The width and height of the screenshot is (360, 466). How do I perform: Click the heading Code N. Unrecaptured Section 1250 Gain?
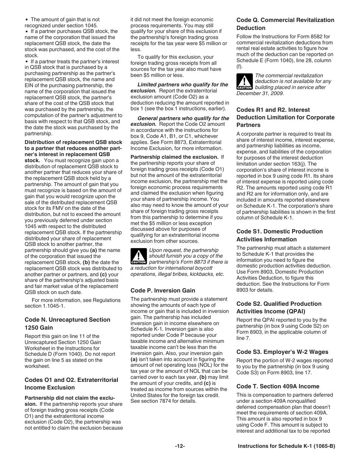[x=67, y=324]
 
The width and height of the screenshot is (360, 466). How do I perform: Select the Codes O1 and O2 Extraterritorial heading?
[x=71, y=383]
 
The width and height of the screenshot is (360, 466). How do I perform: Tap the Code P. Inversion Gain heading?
[x=163, y=291]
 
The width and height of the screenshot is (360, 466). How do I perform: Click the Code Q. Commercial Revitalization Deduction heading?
[x=285, y=24]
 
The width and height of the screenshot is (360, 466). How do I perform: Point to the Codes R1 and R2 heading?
[x=285, y=117]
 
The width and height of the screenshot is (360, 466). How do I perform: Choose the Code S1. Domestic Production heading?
[x=279, y=235]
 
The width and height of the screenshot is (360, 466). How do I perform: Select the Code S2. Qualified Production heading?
[x=279, y=308]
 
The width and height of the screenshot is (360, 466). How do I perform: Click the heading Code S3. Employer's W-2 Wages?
[x=282, y=352]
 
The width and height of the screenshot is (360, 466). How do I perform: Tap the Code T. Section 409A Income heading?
[x=277, y=386]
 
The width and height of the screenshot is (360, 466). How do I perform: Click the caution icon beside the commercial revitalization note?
[x=244, y=82]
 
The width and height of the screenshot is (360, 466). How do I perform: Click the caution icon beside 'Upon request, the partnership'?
[x=138, y=256]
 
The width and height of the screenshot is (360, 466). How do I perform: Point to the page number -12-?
[x=180, y=446]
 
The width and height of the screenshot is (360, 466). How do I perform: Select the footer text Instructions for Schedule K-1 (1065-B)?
[x=286, y=446]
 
